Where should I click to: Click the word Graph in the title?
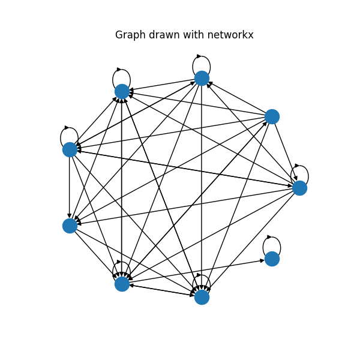tap(129, 35)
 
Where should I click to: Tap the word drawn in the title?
tap(160, 35)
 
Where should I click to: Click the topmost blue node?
tap(202, 78)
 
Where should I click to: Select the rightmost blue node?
tap(299, 188)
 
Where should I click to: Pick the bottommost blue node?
tap(202, 297)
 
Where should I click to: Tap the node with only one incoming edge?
tap(272, 259)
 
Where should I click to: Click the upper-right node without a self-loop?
tap(272, 116)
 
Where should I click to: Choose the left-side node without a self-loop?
tap(70, 226)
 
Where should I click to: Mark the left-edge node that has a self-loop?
tap(70, 149)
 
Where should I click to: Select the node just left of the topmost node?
tap(122, 91)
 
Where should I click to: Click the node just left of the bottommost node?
tap(122, 284)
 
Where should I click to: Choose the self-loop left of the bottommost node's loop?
tap(122, 268)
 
